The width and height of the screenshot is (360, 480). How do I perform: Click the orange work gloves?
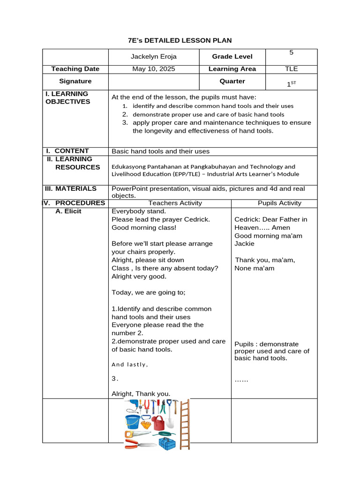click(x=146, y=424)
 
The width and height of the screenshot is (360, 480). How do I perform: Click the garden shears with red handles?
click(x=140, y=444)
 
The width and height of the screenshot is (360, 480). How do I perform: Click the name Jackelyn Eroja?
click(x=153, y=57)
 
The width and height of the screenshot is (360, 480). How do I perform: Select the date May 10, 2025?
click(x=153, y=69)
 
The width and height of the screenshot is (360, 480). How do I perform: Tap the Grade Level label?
click(x=232, y=57)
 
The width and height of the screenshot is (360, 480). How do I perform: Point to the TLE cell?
click(x=291, y=69)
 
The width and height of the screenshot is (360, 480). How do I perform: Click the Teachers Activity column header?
click(x=175, y=203)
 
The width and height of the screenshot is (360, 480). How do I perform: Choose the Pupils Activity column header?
click(x=279, y=203)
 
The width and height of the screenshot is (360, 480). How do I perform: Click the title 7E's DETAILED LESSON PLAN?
click(x=180, y=41)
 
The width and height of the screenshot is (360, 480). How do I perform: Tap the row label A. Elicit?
click(x=68, y=211)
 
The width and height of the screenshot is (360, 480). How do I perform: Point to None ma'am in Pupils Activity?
click(x=255, y=269)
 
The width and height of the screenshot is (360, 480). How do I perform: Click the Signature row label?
click(x=75, y=81)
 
